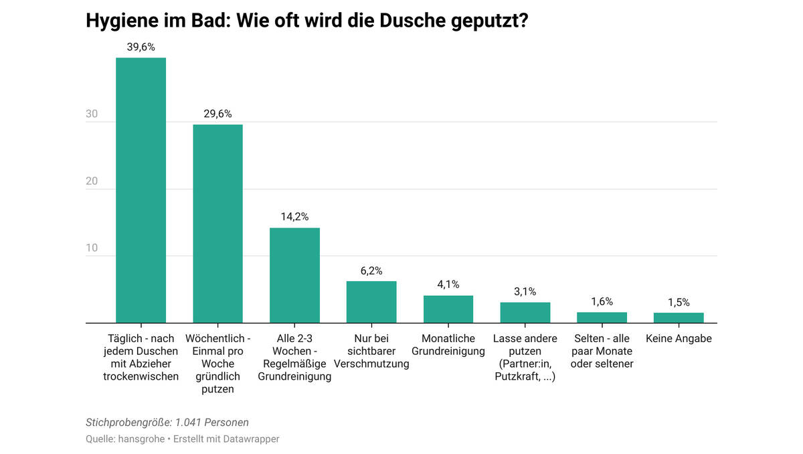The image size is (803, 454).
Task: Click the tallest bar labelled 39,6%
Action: (141, 190)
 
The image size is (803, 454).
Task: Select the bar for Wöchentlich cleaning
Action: (217, 224)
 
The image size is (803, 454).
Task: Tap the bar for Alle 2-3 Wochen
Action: (294, 275)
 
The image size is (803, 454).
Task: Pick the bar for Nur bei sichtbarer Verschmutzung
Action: (371, 302)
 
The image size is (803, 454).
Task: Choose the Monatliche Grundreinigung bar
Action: (448, 309)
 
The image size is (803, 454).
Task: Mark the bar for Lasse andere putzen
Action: (525, 313)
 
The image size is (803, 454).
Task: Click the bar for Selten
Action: (602, 317)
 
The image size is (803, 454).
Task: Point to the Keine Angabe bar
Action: (679, 318)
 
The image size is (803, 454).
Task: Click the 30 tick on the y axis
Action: (92, 115)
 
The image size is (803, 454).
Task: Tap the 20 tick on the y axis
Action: (92, 181)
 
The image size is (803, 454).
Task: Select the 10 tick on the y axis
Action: (92, 248)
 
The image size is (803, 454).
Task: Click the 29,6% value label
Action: (217, 114)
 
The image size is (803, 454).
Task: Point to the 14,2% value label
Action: (294, 217)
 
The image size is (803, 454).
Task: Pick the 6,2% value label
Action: (371, 271)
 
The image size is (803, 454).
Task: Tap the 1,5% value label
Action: (679, 302)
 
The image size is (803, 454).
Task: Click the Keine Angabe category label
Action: (679, 339)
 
